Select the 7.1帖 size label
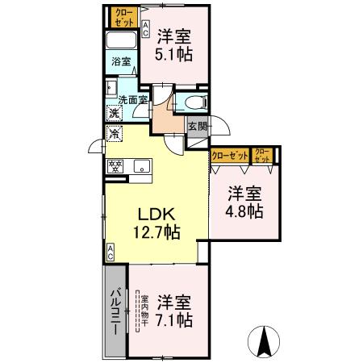174,320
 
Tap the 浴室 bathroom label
119,61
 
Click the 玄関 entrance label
198,126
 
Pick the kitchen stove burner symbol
115,167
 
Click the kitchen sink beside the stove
139,167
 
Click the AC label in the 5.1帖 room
145,31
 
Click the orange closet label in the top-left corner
123,16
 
